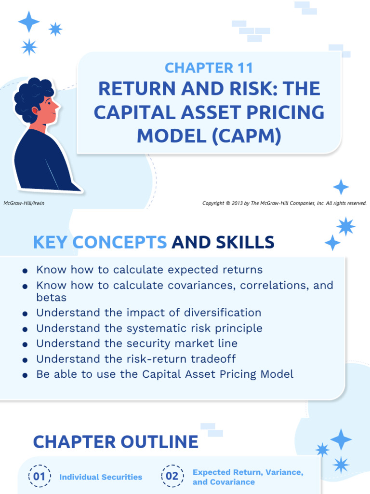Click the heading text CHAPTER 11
coord(209,68)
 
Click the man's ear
coord(36,110)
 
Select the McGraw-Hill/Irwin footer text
coord(24,203)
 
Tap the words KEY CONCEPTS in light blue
coord(100,242)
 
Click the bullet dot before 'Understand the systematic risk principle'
coord(25,329)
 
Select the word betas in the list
coord(51,297)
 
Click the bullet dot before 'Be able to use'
coord(25,375)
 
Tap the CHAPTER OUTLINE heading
coord(116,441)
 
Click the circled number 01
coord(39,477)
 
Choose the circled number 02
coord(172,477)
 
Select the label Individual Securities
coord(101,477)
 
